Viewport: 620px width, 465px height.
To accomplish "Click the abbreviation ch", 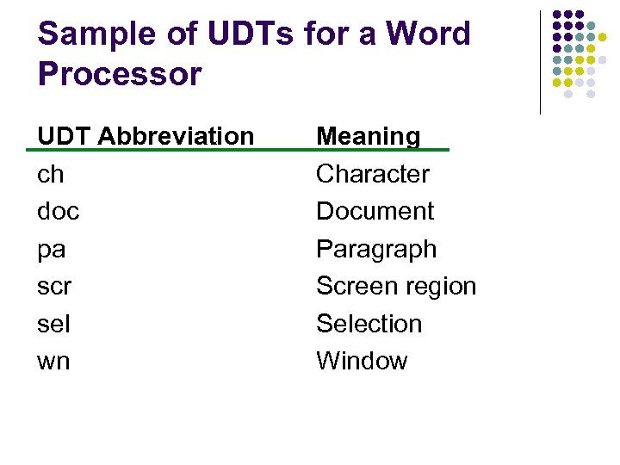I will coord(51,175).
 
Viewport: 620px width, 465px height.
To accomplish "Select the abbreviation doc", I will coord(59,212).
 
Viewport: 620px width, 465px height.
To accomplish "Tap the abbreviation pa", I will coord(52,251).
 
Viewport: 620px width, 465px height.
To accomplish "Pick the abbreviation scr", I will coord(54,287).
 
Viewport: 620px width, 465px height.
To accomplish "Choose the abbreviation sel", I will coord(54,325).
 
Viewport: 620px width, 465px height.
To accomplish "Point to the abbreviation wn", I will coord(53,362).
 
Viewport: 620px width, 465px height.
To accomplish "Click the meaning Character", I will coord(373,174).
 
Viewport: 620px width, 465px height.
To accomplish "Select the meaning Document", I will coord(375,212).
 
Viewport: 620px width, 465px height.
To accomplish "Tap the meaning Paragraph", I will coord(376,250).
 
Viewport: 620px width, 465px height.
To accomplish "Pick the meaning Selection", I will coord(369,325).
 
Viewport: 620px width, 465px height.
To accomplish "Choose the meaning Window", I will coord(362,361).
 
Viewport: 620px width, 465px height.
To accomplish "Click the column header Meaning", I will coord(369,136).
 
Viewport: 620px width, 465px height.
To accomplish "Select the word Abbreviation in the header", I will coord(176,136).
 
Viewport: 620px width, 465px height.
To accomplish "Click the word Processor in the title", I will coord(120,74).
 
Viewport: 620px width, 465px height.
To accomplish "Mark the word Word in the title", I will coord(428,34).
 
